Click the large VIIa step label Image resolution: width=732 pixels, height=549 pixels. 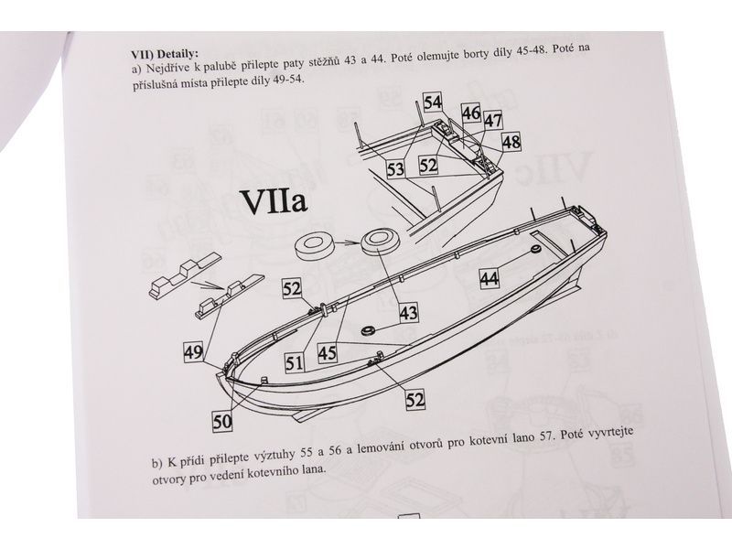(274, 201)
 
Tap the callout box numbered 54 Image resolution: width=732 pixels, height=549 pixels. (433, 102)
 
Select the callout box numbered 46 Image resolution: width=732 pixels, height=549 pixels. (471, 113)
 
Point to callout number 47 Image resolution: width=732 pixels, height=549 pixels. (493, 121)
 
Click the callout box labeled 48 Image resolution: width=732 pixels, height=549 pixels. (511, 142)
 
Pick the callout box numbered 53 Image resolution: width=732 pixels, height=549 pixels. (395, 168)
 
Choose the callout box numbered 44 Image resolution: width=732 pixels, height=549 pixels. (490, 279)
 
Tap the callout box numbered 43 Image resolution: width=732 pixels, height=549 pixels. (409, 312)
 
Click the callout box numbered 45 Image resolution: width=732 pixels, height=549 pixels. (328, 353)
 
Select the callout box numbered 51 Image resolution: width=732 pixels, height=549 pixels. (295, 362)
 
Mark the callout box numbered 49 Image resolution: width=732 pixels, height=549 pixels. (194, 351)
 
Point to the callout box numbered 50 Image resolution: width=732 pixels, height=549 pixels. (222, 422)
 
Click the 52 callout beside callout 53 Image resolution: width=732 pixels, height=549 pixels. (428, 166)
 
